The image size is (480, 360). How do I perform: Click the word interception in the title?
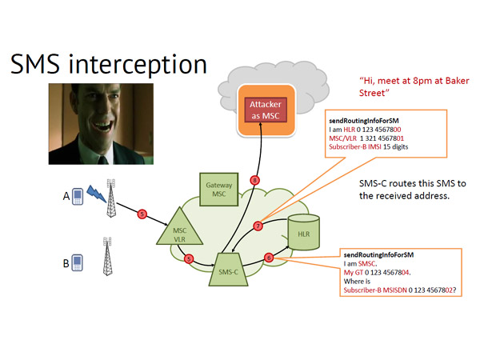pos(138,65)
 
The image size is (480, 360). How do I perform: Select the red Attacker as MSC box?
pos(266,110)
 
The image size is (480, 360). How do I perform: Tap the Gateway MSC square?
pos(219,189)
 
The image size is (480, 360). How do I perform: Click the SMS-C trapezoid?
pos(228,270)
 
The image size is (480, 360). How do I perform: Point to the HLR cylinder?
pos(304,232)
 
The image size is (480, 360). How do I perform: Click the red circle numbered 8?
pos(254,180)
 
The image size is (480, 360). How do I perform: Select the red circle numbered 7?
pos(258,226)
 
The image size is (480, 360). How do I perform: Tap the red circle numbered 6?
pos(269,258)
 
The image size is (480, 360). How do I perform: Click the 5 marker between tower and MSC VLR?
pos(142,214)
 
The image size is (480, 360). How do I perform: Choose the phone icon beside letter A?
pos(78,196)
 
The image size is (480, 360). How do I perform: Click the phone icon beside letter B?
pos(77,262)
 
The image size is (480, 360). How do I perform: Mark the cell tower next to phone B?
pos(107,256)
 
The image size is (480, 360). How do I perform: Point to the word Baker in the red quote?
pos(458,81)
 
